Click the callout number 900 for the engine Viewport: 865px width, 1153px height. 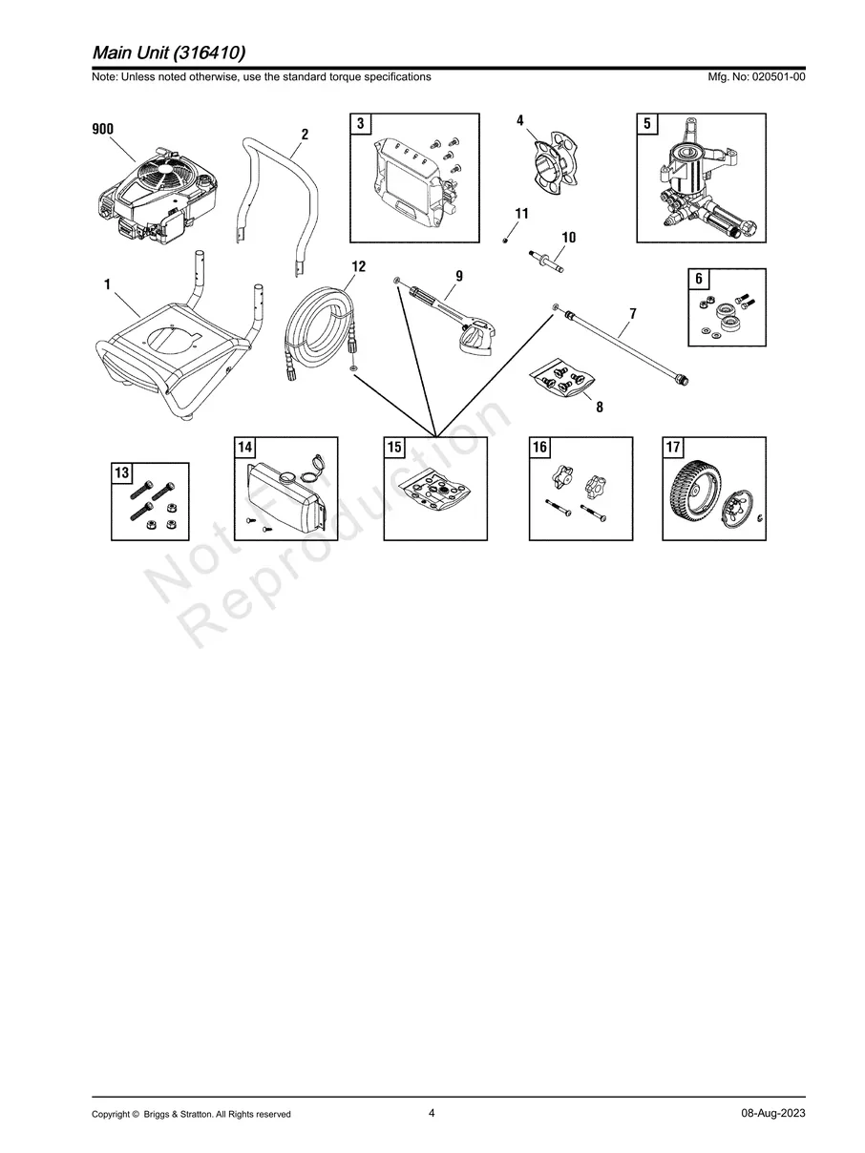[102, 129]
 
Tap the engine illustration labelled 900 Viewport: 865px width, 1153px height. [158, 196]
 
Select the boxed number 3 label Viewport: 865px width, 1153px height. [360, 123]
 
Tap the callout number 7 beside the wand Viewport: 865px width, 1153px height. [633, 314]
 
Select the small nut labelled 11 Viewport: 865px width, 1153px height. [505, 241]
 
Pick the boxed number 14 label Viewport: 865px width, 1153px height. [244, 447]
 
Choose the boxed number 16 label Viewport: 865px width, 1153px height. [539, 447]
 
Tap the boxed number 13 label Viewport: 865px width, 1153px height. [121, 472]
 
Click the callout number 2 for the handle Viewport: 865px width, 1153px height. [305, 135]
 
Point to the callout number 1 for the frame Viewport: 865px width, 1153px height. [107, 284]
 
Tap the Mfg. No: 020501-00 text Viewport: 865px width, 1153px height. [756, 76]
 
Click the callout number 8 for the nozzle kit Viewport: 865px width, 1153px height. [600, 407]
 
